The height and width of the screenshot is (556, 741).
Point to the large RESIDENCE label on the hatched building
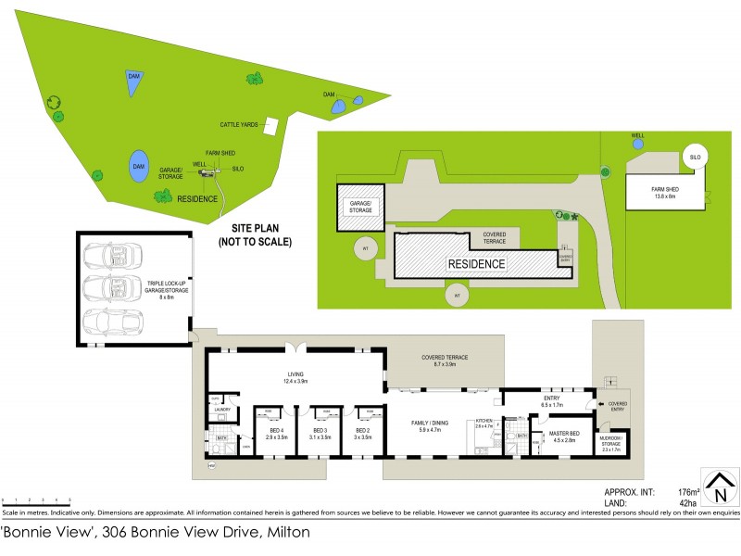[x=477, y=264]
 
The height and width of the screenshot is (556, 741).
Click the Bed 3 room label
[x=320, y=434]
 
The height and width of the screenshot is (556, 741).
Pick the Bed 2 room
[x=363, y=434]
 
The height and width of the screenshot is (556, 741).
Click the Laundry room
[x=221, y=409]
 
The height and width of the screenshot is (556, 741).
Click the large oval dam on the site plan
[x=138, y=165]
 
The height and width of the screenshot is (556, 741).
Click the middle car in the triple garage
[x=110, y=287]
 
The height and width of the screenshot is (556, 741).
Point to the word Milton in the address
[x=288, y=533]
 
